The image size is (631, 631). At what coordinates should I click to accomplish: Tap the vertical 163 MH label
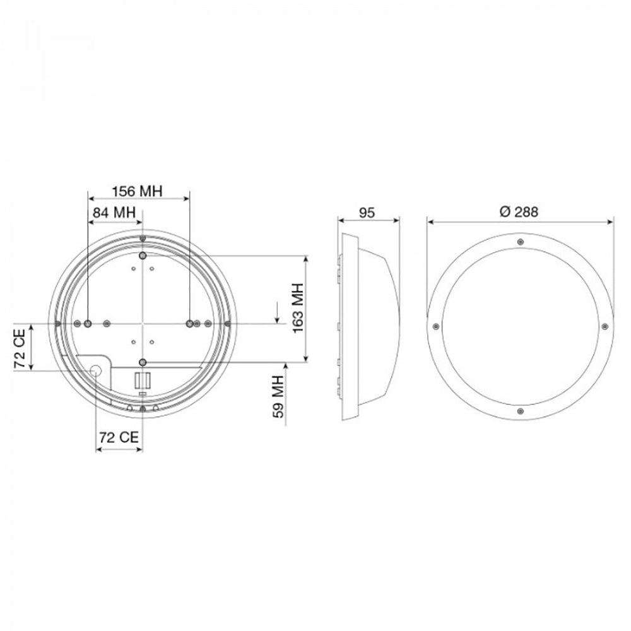(297, 309)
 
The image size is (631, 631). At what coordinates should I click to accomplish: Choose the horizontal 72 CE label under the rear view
(119, 437)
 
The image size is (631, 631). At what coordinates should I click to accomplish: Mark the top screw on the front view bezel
(519, 242)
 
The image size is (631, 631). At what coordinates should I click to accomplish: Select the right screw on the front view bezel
(604, 326)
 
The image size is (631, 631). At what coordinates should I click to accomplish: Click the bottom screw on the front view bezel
(519, 411)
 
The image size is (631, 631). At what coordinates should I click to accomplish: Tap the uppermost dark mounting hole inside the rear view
(143, 255)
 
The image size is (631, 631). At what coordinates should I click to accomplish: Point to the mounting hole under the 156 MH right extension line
(189, 323)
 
